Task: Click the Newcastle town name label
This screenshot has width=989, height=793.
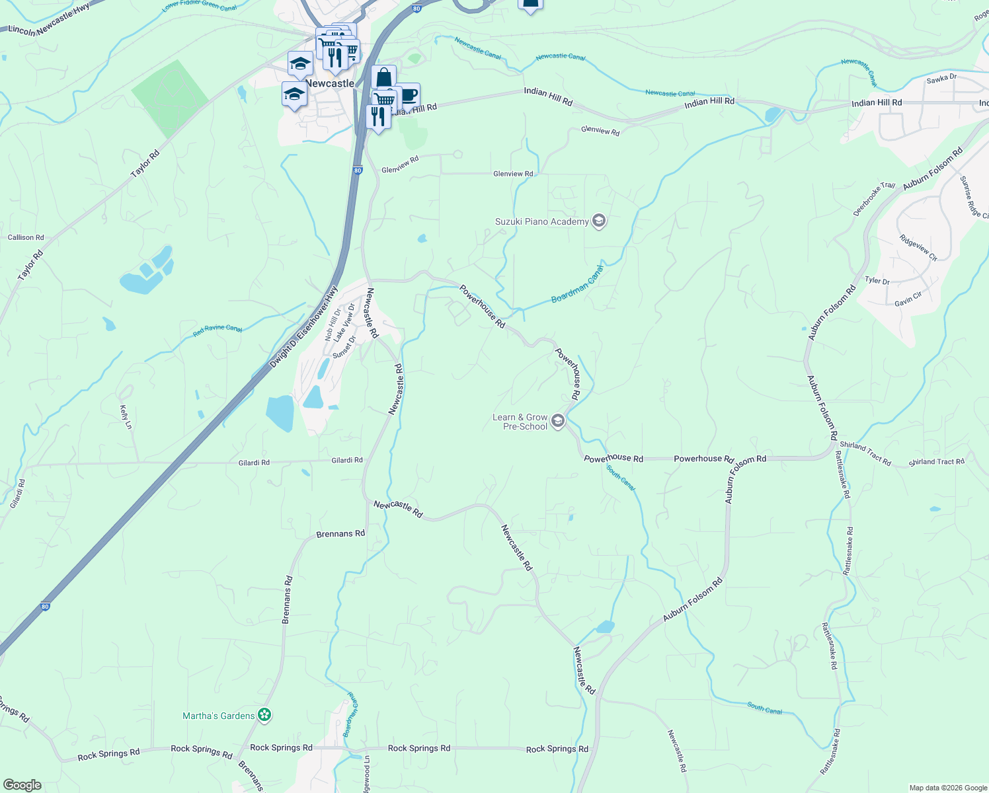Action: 330,83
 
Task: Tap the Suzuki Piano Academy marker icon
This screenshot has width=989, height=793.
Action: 599,221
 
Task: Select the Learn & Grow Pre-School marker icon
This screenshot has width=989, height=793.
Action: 558,421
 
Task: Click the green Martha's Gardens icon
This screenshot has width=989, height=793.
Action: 264,715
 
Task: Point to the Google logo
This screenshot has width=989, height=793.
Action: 22,785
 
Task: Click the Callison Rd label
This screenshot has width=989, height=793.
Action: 26,237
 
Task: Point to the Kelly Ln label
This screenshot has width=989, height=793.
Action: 125,417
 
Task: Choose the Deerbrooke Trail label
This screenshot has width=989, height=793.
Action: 873,199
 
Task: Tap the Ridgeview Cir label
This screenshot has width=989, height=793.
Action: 918,247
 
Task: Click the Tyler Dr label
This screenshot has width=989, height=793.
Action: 877,281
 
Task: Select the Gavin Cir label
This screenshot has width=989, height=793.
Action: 908,299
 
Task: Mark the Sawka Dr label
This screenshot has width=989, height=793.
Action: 941,79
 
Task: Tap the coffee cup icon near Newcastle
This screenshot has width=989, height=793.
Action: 408,95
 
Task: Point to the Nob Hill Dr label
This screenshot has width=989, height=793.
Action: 332,324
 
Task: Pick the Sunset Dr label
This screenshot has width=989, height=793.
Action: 344,347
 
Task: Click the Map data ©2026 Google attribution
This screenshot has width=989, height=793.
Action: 948,788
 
